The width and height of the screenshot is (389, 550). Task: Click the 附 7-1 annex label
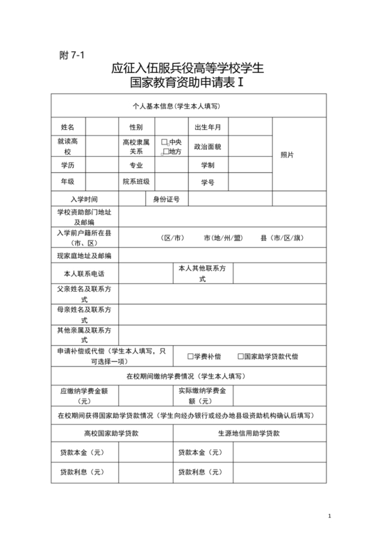(71, 56)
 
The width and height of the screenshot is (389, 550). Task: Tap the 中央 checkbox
(165, 142)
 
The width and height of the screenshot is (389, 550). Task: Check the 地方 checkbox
(165, 151)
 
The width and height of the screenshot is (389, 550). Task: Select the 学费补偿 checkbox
(190, 356)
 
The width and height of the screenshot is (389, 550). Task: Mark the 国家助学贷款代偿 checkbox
(240, 356)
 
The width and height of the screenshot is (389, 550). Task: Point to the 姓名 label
(67, 127)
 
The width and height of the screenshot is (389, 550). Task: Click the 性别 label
(136, 127)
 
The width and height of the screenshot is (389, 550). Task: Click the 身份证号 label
(167, 199)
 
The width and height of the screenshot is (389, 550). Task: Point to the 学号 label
(208, 182)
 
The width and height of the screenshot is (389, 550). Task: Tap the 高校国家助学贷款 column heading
(112, 433)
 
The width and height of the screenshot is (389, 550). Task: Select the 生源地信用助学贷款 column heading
(249, 433)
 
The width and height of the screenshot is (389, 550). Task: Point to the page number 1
(331, 515)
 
